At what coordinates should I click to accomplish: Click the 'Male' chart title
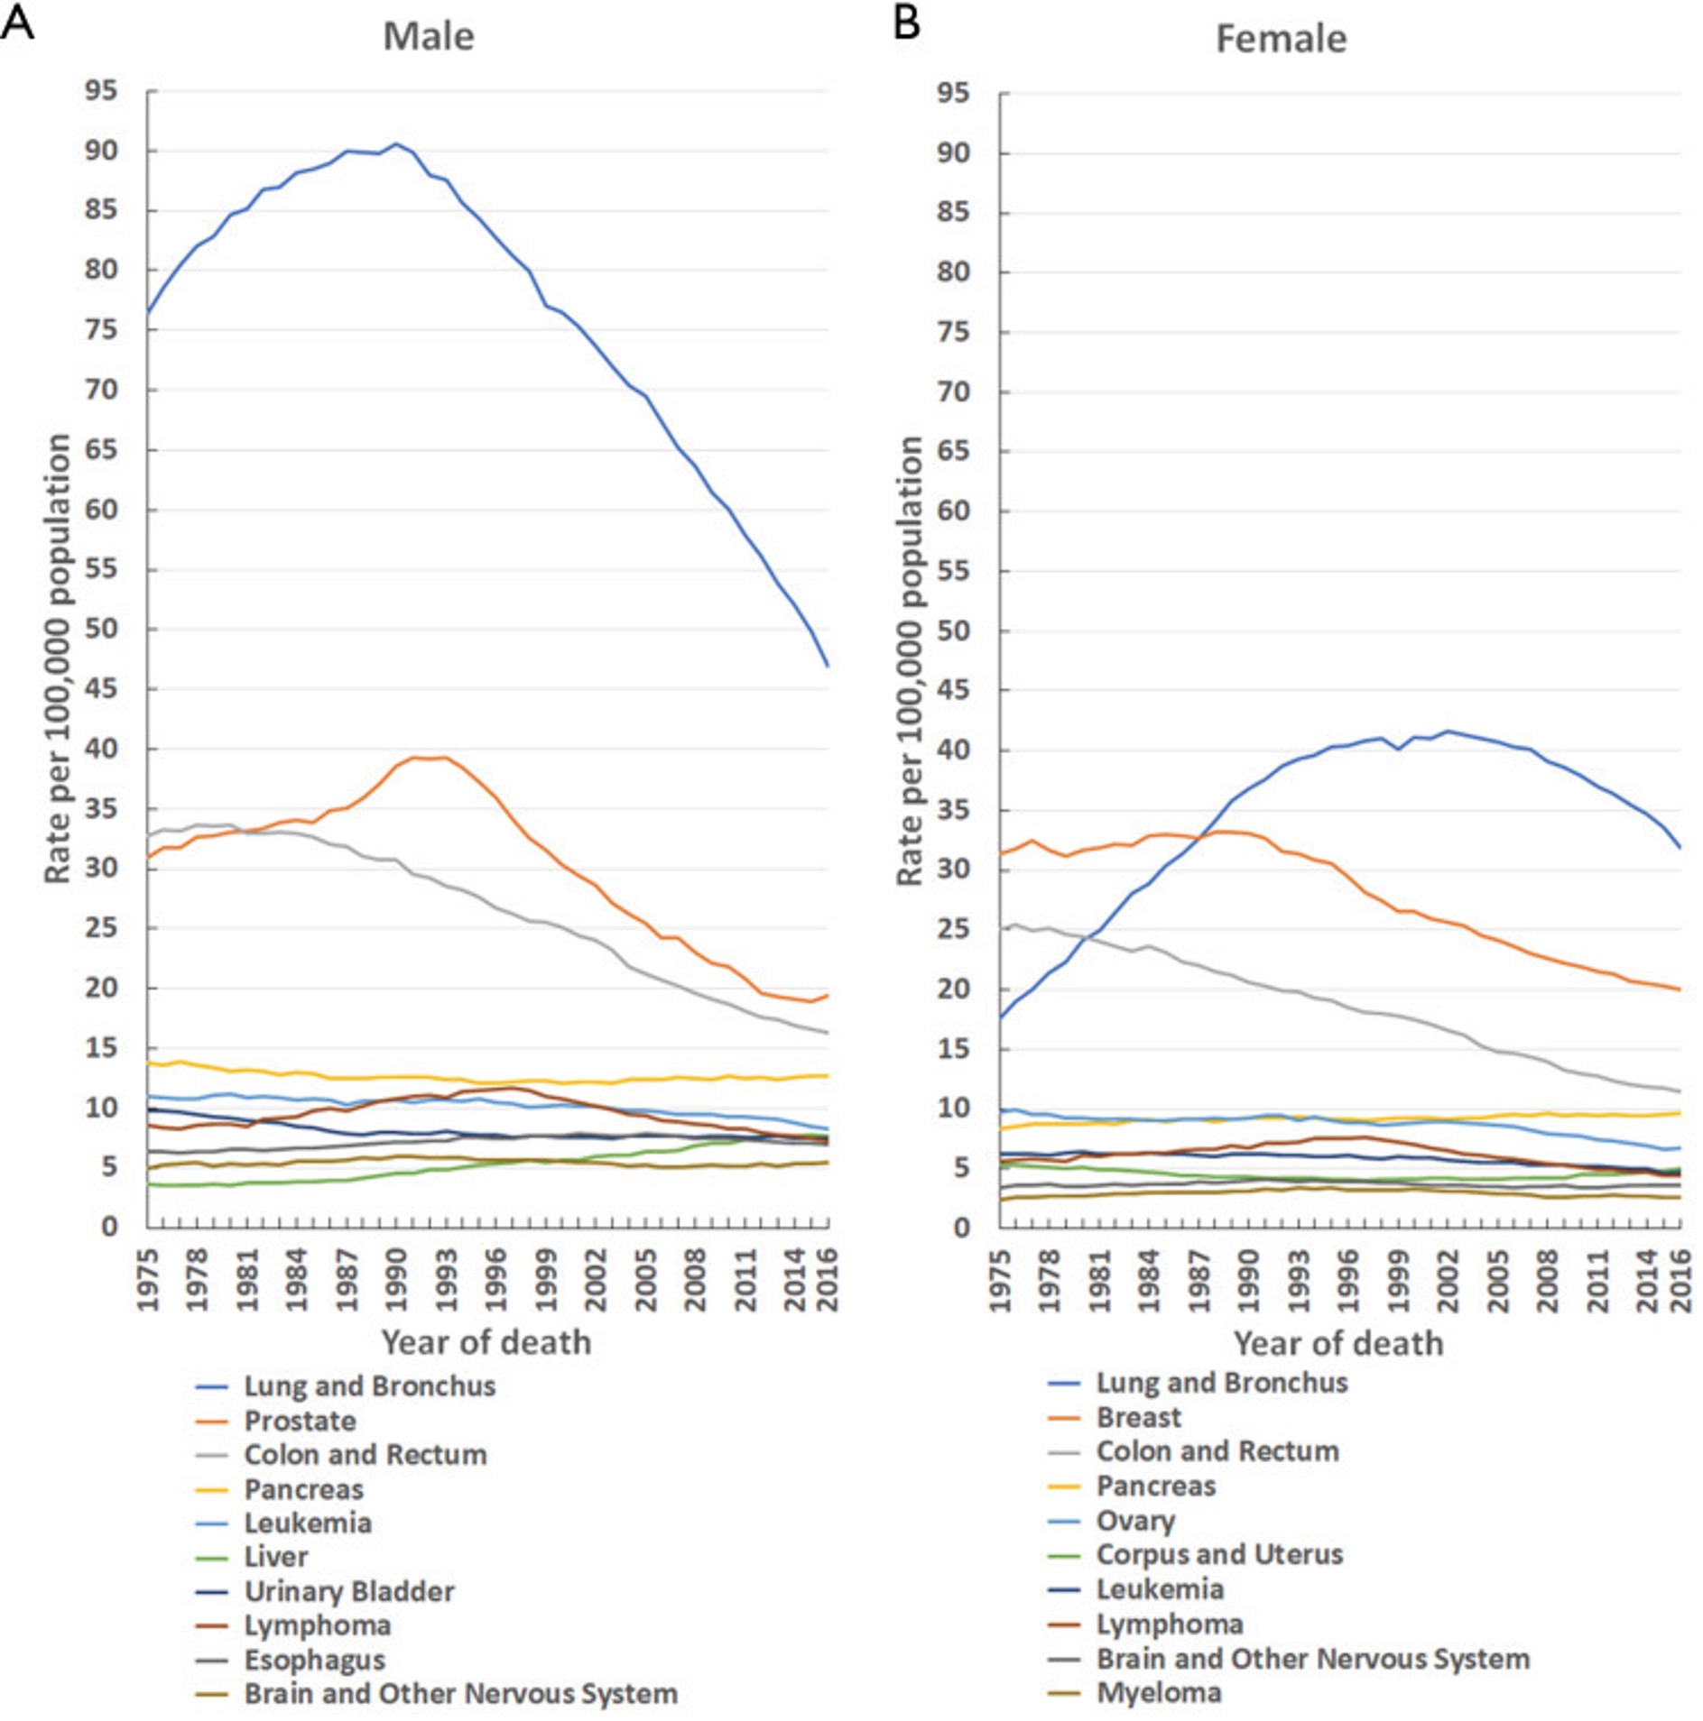click(x=428, y=37)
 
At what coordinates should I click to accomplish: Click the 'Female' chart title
click(x=1280, y=40)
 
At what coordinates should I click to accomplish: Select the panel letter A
click(x=17, y=22)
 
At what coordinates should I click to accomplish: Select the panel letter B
click(x=906, y=22)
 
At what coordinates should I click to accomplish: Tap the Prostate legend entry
click(x=300, y=1421)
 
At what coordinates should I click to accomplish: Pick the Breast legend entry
click(x=1137, y=1417)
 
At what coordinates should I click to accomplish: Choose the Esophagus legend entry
click(x=314, y=1660)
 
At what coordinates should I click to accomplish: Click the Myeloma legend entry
click(x=1159, y=1692)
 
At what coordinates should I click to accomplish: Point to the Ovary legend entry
click(x=1135, y=1521)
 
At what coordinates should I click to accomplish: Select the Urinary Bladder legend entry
click(x=348, y=1591)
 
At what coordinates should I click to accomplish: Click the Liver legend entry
click(x=276, y=1557)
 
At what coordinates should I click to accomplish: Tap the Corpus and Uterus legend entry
click(x=1218, y=1554)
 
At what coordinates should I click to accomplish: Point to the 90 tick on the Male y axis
click(x=101, y=151)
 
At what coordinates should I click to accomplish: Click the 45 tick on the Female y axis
click(x=955, y=690)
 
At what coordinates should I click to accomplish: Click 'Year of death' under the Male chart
click(x=486, y=1342)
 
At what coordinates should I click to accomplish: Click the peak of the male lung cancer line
click(x=396, y=143)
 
